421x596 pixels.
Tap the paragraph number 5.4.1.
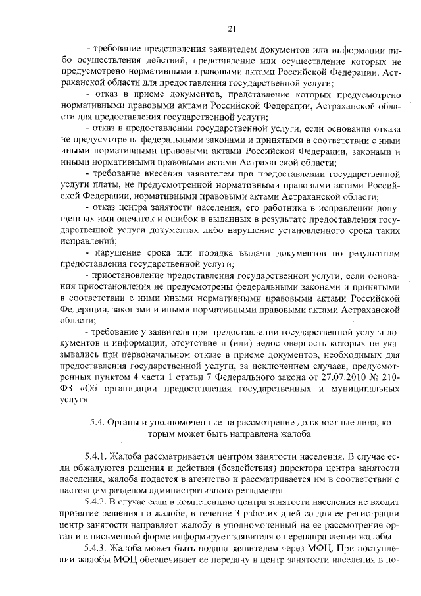click(95, 455)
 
